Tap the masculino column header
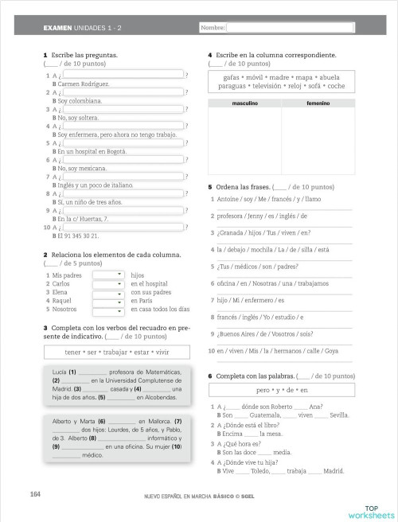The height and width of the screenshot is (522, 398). [244, 103]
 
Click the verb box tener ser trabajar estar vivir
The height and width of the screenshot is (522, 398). [117, 352]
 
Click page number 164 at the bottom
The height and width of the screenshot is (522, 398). [36, 494]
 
